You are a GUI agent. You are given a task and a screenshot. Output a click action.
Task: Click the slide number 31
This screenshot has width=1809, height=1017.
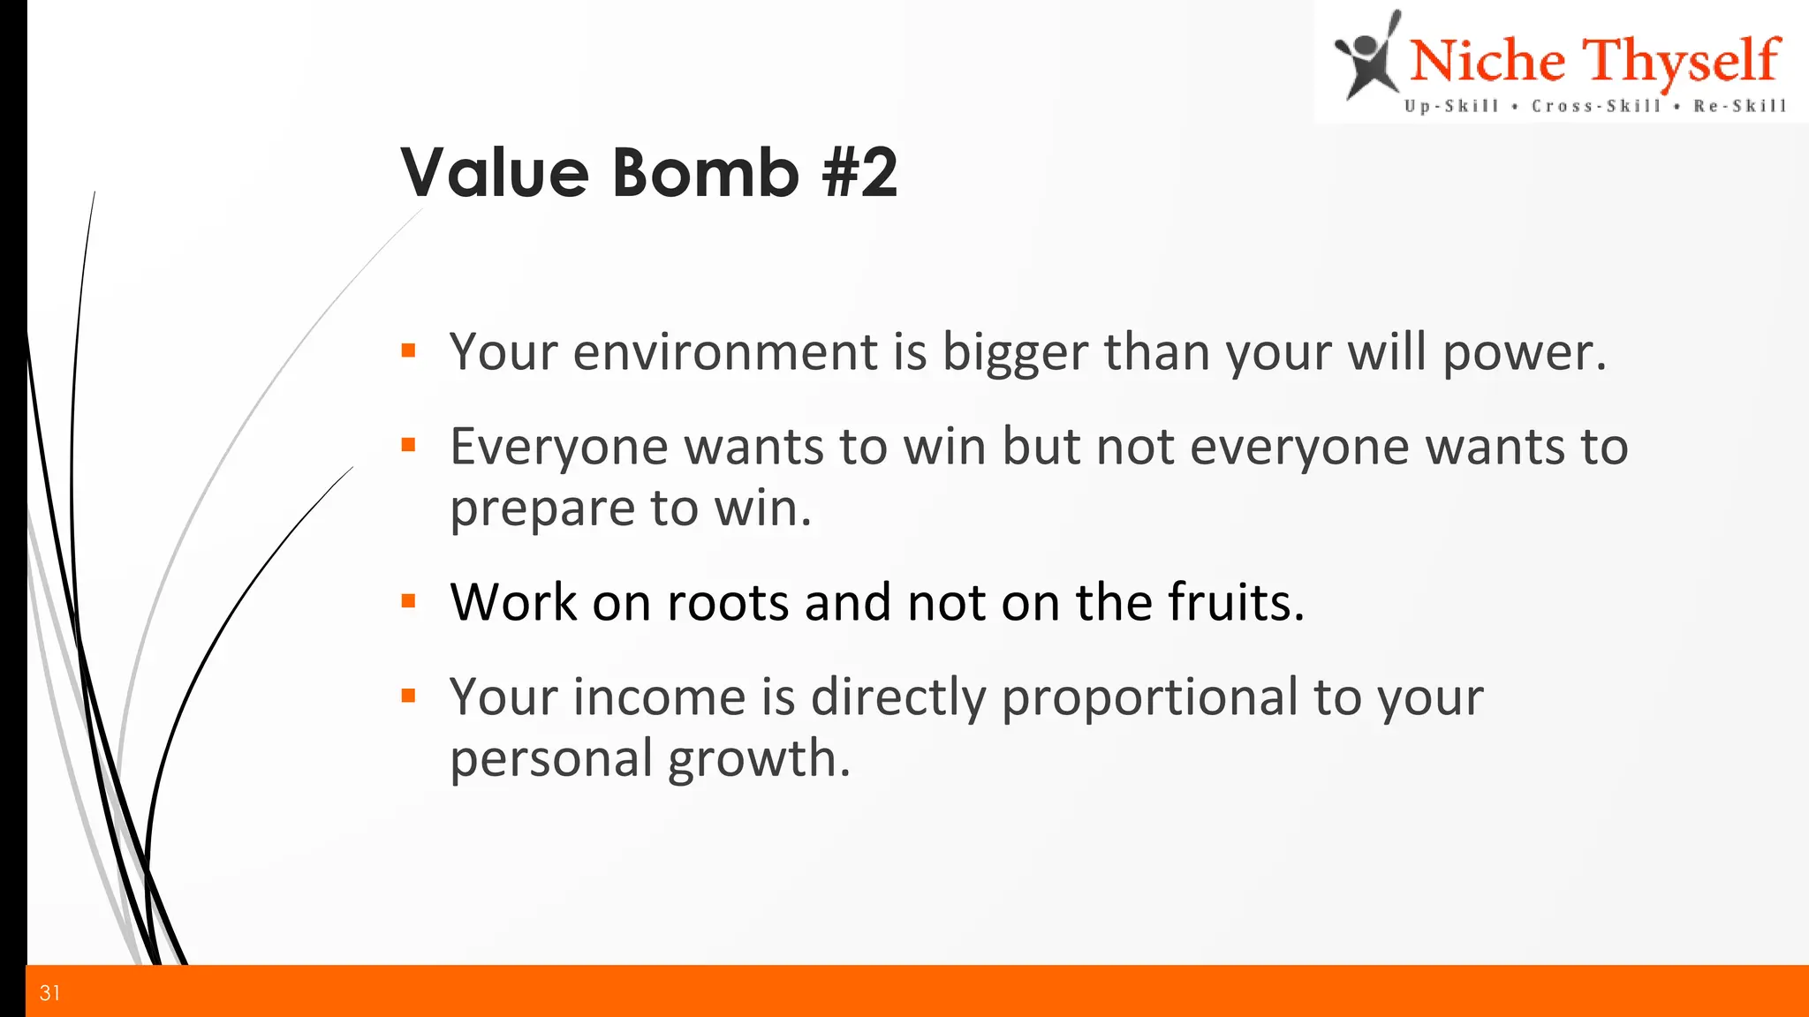click(x=50, y=993)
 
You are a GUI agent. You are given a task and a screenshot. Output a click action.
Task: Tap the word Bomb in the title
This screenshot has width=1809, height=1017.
click(x=706, y=172)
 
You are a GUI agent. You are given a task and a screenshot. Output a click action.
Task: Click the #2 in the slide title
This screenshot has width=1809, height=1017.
click(x=859, y=172)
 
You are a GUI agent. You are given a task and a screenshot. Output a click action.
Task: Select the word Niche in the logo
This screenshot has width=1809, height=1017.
click(x=1487, y=62)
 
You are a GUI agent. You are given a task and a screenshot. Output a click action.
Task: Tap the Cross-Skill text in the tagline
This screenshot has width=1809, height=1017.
click(x=1596, y=107)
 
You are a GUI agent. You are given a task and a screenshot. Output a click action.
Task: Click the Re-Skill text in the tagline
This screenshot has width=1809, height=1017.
click(x=1739, y=107)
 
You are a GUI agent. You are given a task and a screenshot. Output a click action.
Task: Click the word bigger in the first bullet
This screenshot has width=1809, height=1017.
click(x=1015, y=353)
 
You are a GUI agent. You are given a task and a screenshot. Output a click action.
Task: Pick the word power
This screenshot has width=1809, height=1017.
click(x=1523, y=353)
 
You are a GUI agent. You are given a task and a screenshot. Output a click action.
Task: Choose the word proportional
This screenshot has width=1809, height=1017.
click(x=1149, y=698)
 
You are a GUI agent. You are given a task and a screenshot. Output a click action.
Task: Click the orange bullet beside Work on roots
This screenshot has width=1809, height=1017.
click(x=408, y=602)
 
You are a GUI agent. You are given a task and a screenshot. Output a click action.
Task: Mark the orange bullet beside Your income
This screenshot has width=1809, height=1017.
click(x=408, y=696)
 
